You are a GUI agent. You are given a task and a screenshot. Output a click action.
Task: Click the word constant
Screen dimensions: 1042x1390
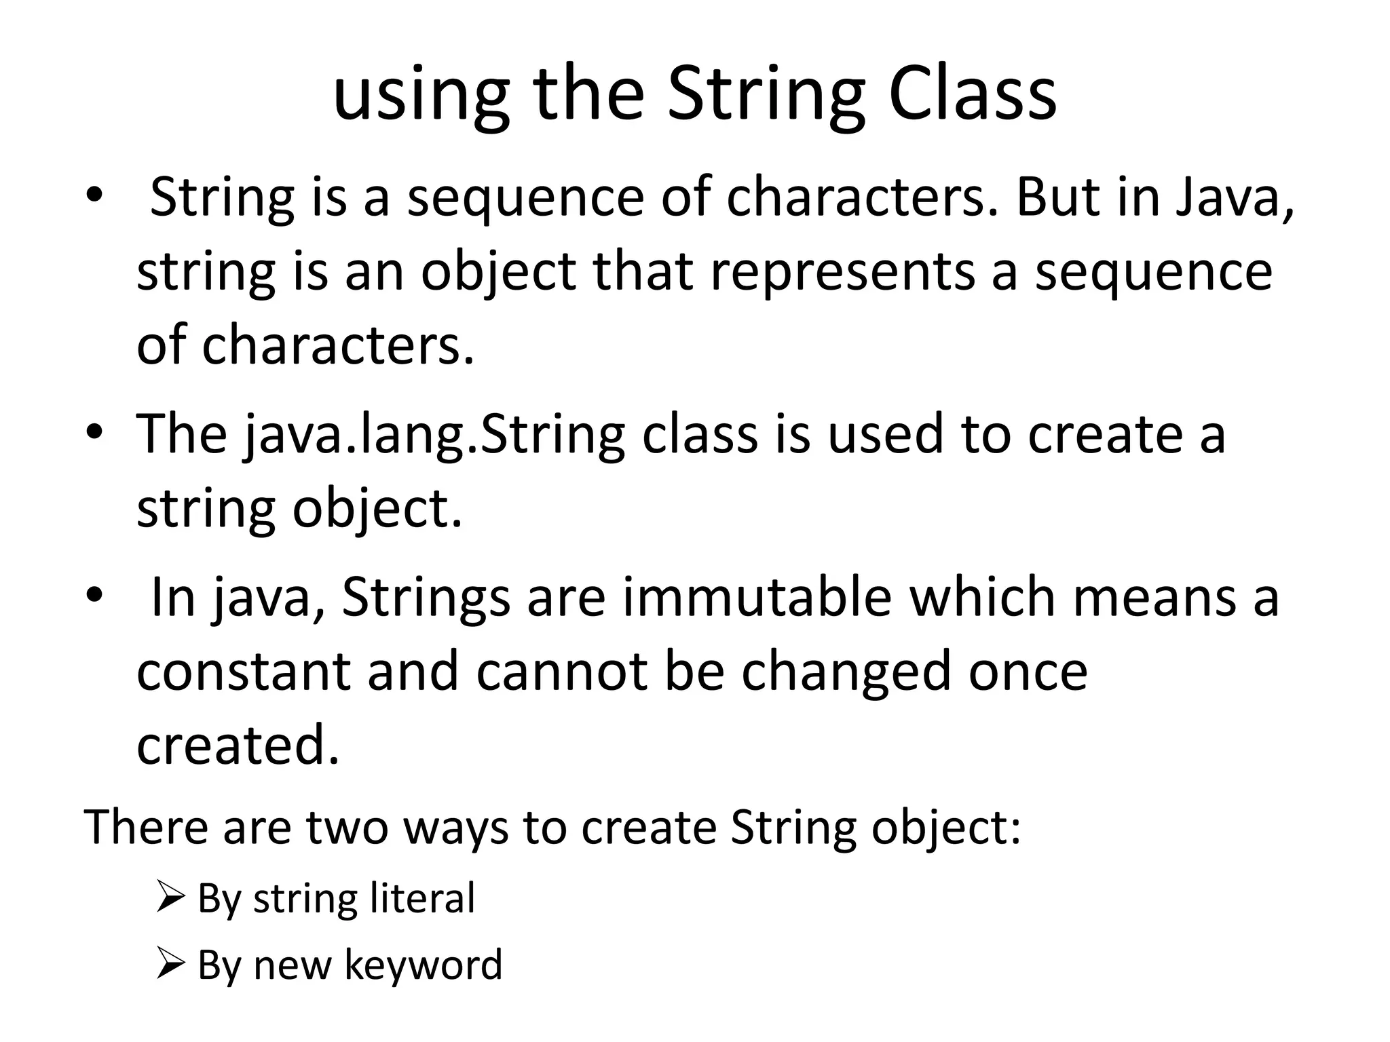(243, 671)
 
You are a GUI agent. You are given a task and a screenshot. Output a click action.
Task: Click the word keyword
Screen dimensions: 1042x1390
(424, 965)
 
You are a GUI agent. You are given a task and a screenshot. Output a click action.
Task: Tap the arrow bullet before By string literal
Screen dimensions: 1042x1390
(170, 897)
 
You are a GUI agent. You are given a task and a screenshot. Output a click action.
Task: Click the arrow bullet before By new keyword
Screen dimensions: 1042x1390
(170, 963)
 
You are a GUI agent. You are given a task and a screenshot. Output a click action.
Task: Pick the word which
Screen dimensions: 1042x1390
(981, 597)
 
